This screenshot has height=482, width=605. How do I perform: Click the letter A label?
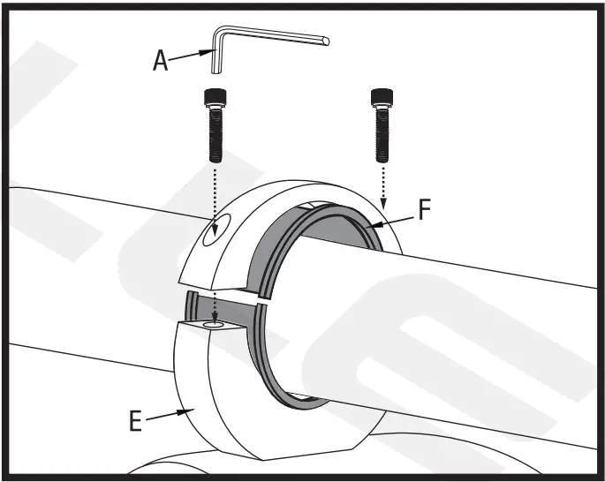tap(160, 60)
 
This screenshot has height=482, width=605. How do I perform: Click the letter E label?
tap(135, 421)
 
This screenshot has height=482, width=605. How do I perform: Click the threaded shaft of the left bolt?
tap(214, 132)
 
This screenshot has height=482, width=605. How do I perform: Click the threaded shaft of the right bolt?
tap(380, 132)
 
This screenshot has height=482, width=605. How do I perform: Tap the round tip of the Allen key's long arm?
tap(327, 40)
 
